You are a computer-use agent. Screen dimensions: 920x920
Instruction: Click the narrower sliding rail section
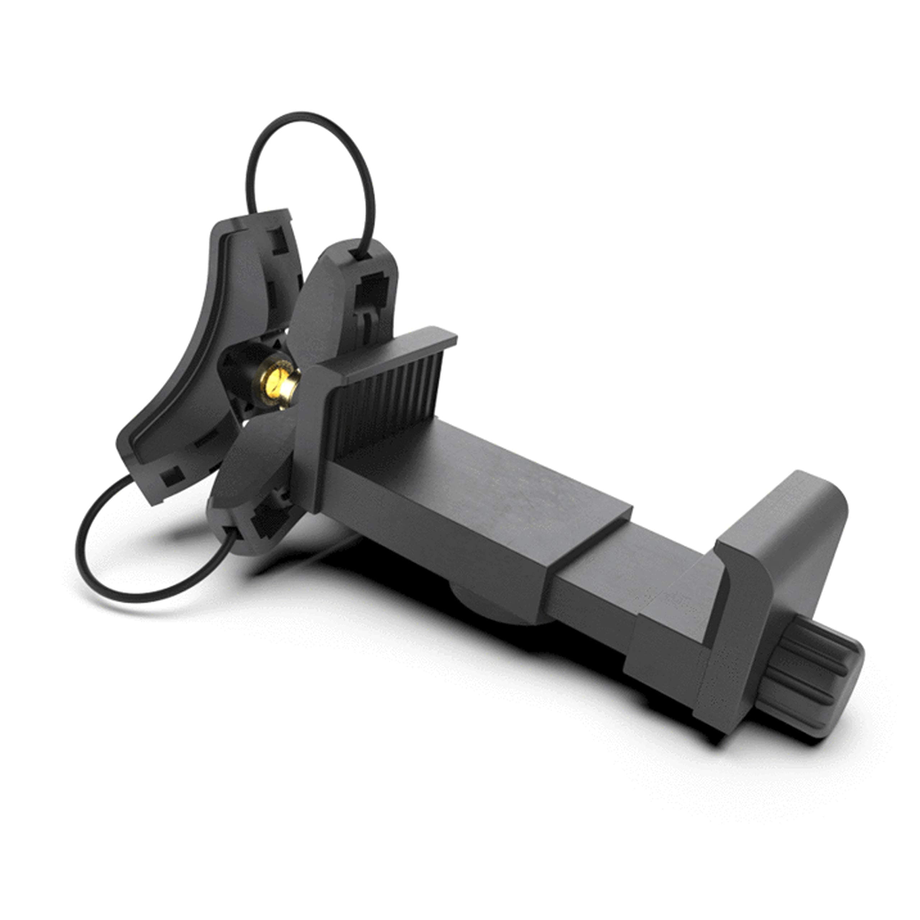coord(619,595)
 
